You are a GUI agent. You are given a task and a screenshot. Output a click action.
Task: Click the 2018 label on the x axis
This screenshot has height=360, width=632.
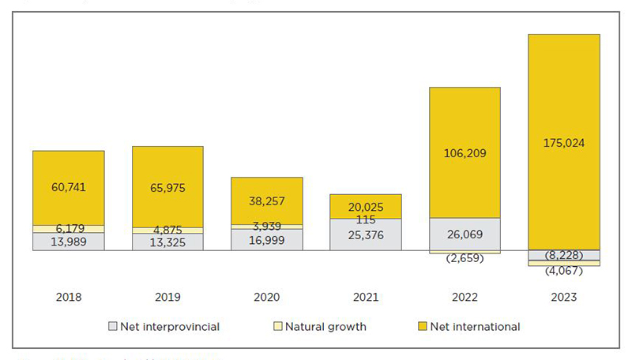pyautogui.click(x=69, y=298)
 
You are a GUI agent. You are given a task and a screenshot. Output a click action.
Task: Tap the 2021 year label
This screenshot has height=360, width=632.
pyautogui.click(x=365, y=298)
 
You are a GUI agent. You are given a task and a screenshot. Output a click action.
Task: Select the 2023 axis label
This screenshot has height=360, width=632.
pyautogui.click(x=563, y=298)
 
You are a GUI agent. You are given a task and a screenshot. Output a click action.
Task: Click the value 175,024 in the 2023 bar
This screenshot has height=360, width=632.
pyautogui.click(x=563, y=144)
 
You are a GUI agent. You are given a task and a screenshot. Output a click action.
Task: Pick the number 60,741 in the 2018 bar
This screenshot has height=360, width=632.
pyautogui.click(x=69, y=187)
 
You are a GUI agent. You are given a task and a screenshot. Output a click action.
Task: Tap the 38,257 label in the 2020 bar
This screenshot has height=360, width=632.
pyautogui.click(x=266, y=201)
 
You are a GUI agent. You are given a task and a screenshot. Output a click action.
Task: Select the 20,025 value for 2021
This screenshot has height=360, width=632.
pyautogui.click(x=365, y=207)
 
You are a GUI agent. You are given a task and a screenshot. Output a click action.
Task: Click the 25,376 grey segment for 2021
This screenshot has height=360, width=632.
pyautogui.click(x=365, y=235)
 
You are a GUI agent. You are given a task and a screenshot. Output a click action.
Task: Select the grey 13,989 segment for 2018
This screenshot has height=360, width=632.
pyautogui.click(x=69, y=242)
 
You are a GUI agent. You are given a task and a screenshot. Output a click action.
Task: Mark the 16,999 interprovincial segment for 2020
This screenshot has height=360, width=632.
pyautogui.click(x=266, y=240)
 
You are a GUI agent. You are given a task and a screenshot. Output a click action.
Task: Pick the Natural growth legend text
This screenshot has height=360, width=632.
pyautogui.click(x=325, y=326)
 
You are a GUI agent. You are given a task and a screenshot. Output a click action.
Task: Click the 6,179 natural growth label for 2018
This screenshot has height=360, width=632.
pyautogui.click(x=69, y=229)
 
